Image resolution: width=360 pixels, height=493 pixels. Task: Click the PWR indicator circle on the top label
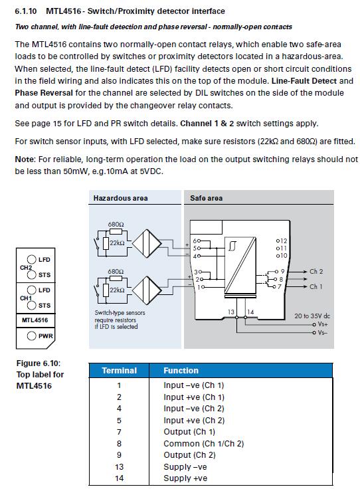click(31, 336)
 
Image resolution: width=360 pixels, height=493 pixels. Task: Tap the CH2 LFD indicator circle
click(31, 259)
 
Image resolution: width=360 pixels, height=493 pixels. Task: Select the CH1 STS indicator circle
click(31, 305)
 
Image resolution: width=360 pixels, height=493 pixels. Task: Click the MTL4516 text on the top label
click(35, 320)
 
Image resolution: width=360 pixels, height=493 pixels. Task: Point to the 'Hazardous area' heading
click(120, 198)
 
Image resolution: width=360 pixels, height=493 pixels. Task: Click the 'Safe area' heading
click(207, 198)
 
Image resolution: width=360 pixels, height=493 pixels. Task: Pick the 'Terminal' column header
click(119, 370)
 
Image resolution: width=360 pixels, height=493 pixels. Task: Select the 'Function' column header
click(181, 370)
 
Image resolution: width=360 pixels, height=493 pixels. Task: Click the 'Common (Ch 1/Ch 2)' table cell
click(203, 444)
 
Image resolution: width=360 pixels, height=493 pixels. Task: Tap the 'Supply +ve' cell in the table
click(185, 478)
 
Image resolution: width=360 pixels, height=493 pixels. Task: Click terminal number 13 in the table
click(119, 467)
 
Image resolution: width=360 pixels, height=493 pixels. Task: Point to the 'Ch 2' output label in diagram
click(316, 271)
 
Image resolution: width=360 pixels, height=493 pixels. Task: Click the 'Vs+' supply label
click(323, 324)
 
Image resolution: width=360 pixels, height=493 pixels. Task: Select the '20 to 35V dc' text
click(312, 316)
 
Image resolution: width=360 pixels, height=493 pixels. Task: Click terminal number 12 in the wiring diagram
click(283, 241)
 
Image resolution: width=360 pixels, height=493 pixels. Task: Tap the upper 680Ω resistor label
click(116, 225)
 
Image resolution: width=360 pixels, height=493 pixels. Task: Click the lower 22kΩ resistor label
click(117, 290)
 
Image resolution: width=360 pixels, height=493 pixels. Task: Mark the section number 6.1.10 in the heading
click(26, 11)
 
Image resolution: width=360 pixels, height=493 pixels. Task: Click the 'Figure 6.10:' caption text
click(39, 363)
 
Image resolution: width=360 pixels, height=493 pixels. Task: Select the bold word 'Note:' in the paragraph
click(25, 159)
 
